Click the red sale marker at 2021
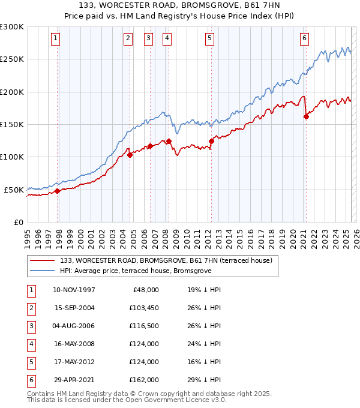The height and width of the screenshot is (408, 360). [x=306, y=117]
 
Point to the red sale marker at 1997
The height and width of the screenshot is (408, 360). [x=58, y=191]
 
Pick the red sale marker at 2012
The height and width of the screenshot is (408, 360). [x=211, y=142]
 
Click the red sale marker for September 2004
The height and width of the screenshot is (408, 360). [x=130, y=155]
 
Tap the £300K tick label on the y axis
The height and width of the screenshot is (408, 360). [x=12, y=27]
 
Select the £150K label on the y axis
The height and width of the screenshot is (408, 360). [x=12, y=124]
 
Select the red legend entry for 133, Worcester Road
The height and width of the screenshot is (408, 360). [x=166, y=260]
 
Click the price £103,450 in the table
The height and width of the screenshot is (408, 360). [x=143, y=308]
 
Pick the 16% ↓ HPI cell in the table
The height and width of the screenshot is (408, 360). [x=204, y=362]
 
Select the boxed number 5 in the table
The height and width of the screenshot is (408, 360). [x=30, y=362]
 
